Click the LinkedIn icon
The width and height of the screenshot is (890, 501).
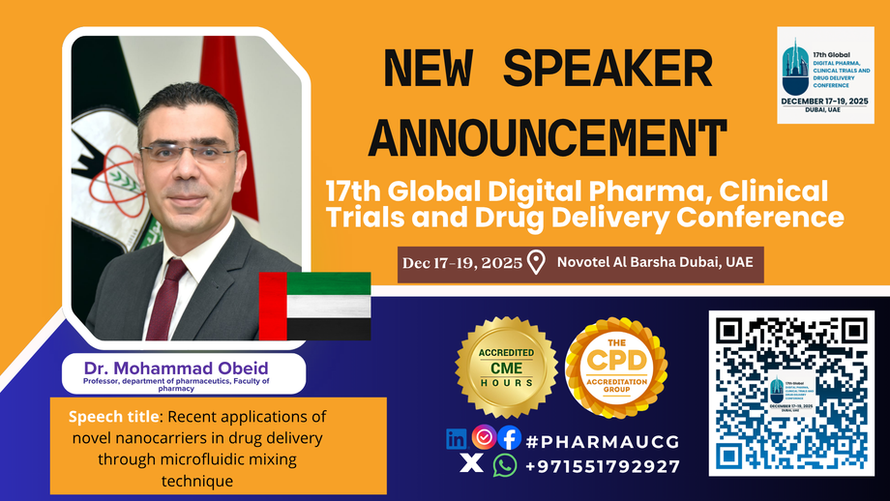point(457,438)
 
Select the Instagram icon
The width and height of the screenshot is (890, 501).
point(484,437)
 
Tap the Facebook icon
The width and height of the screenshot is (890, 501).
point(509,438)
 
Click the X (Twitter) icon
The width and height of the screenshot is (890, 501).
point(471,465)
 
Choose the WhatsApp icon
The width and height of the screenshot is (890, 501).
point(504,465)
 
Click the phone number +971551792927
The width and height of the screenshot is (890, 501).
point(603,466)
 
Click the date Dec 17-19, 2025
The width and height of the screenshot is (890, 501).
point(462,262)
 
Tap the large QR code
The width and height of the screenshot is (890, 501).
point(791,392)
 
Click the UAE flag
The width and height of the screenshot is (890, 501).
point(314,305)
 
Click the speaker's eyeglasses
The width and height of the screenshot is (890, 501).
point(187,152)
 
